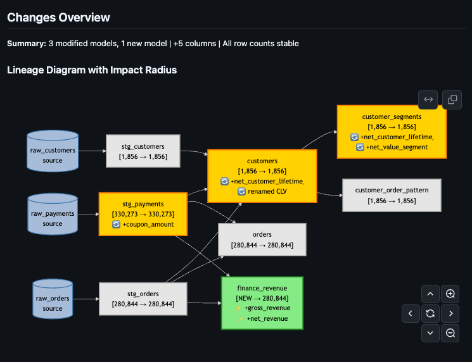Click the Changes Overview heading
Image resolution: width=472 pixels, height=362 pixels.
(x=58, y=18)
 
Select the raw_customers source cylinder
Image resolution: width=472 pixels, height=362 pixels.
(x=53, y=152)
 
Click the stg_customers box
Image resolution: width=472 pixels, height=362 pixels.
(x=143, y=151)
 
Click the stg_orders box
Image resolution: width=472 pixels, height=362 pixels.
(x=143, y=299)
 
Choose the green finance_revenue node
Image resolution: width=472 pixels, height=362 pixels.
(x=262, y=303)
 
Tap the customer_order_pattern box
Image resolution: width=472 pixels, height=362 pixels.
(x=392, y=195)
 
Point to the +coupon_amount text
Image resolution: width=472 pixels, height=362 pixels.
(x=147, y=225)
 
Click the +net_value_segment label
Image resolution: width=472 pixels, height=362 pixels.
(x=397, y=147)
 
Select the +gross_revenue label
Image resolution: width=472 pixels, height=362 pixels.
(x=267, y=308)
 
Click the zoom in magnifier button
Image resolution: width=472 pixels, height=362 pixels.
(x=450, y=294)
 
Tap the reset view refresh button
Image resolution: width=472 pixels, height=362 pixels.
(x=430, y=313)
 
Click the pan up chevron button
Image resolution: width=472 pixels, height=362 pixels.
(x=430, y=294)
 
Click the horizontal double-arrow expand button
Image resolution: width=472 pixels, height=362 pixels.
(x=428, y=99)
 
